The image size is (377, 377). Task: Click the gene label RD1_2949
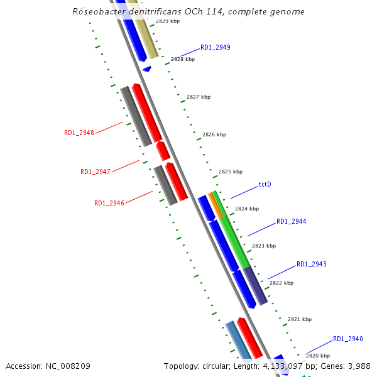tap(215, 47)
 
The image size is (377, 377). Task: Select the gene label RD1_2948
tap(79, 133)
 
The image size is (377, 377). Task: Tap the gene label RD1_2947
tap(96, 172)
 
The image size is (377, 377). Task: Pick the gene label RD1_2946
tap(109, 203)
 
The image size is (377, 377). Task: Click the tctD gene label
tap(265, 185)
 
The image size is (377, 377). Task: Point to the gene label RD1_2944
tap(292, 221)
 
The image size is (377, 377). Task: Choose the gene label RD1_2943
tap(312, 264)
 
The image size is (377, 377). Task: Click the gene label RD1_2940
tap(348, 339)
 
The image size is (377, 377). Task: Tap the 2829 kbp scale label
tap(168, 21)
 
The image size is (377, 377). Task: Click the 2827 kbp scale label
tap(199, 97)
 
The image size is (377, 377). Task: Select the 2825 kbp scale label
tap(230, 172)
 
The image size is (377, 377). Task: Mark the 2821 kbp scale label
tap(300, 319)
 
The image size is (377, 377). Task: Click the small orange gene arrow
tap(216, 205)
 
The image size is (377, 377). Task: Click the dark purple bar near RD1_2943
tap(256, 285)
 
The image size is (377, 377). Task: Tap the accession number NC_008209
tap(68, 366)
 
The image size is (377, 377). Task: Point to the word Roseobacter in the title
tap(97, 11)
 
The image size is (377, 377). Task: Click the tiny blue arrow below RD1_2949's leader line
tap(147, 68)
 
